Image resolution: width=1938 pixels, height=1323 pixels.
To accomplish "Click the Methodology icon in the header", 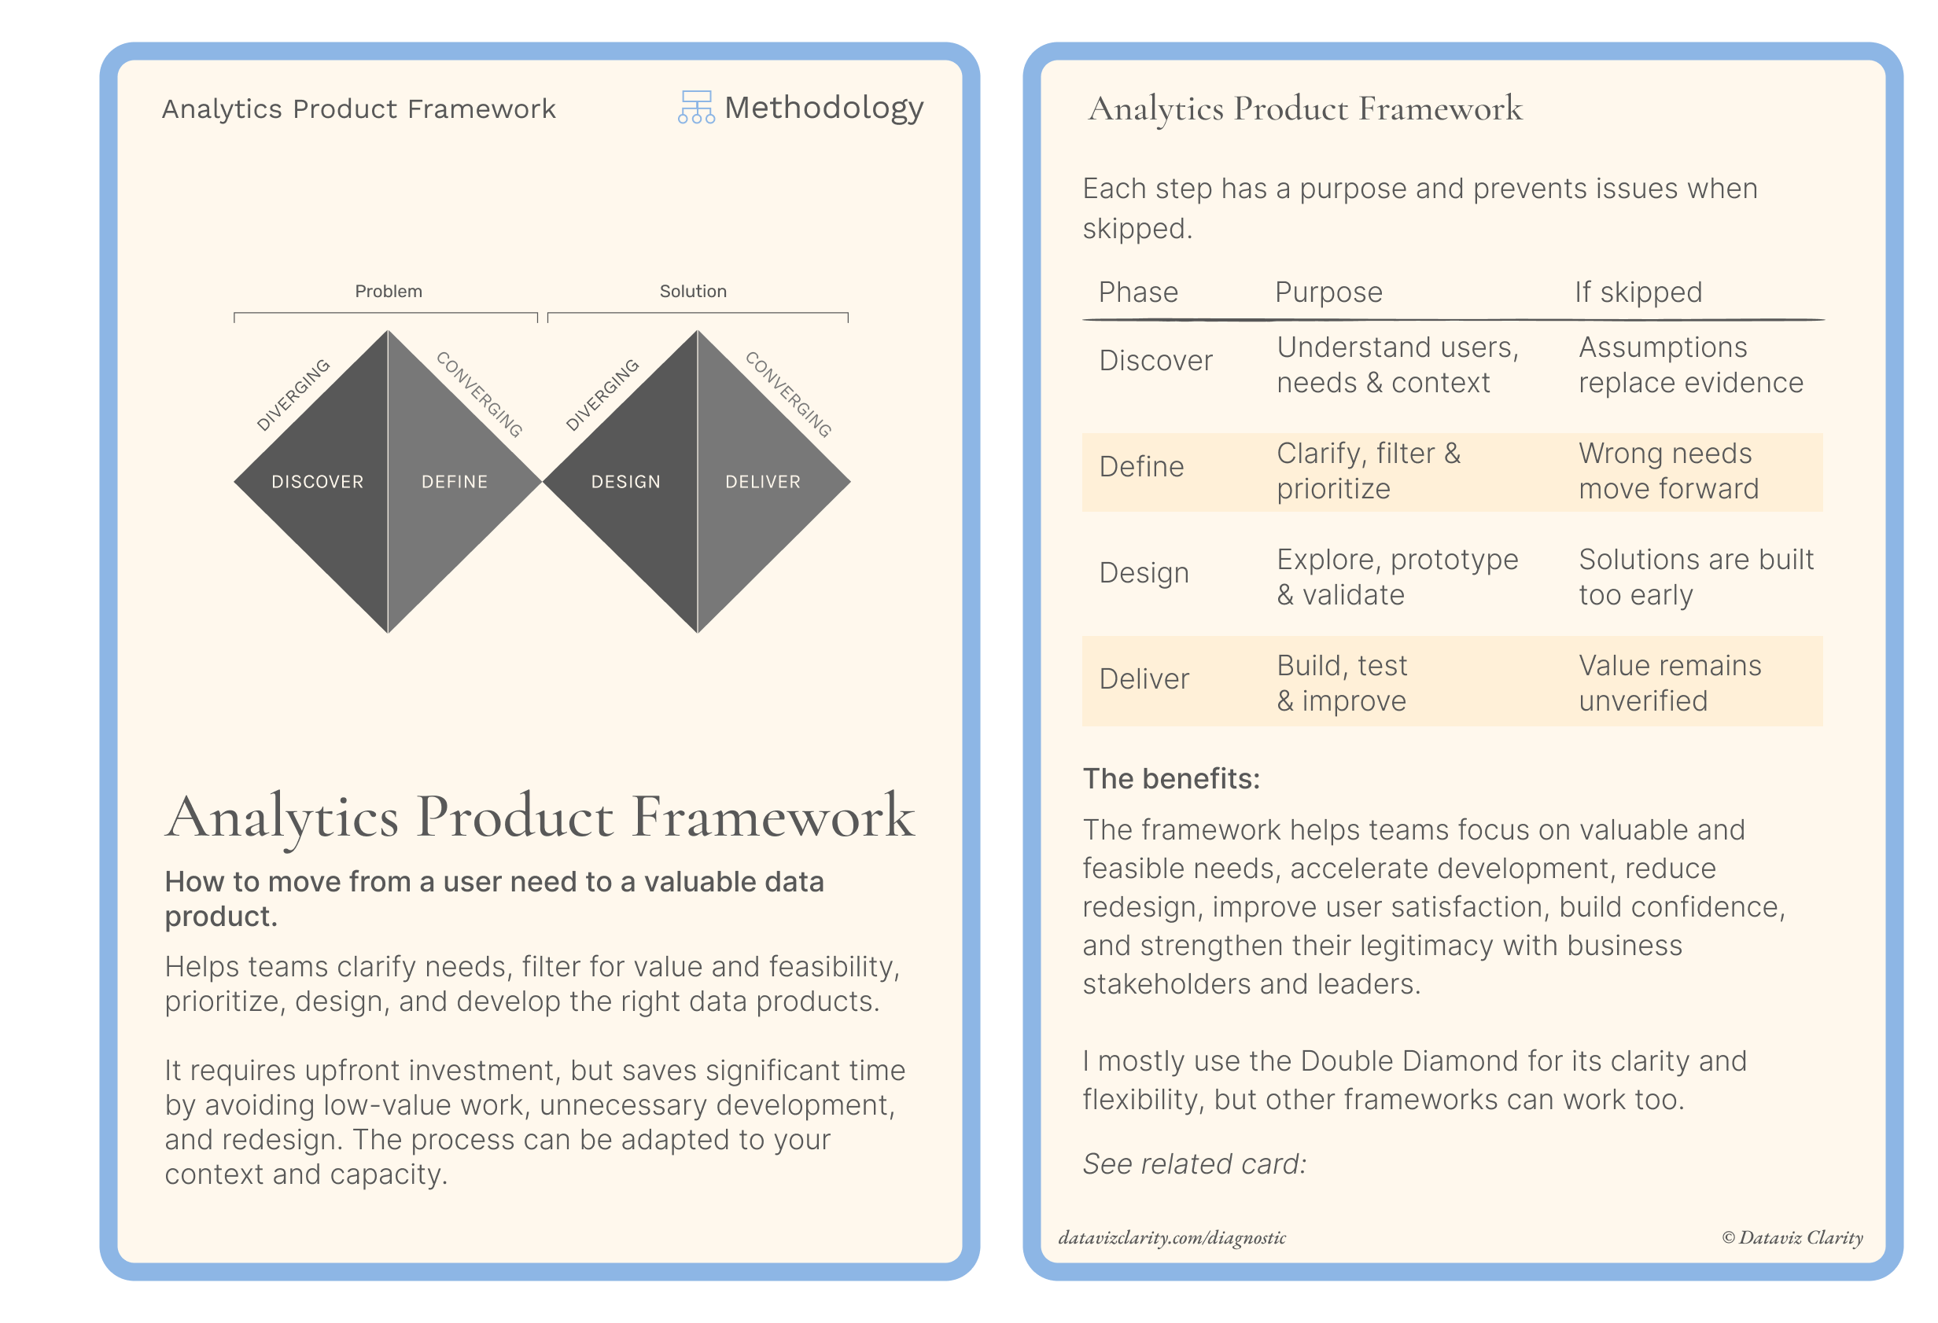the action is click(x=695, y=108).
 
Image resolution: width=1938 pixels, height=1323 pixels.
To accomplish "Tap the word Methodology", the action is click(x=824, y=108).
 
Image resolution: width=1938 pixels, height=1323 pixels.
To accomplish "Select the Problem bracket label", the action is click(x=389, y=291).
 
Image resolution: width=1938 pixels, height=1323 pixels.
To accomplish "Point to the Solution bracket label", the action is click(x=693, y=291).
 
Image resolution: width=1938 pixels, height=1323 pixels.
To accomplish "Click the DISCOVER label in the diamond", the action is click(x=318, y=482).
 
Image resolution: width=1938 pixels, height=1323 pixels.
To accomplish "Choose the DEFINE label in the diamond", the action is click(x=455, y=482).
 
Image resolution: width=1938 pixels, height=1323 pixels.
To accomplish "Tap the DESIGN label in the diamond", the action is click(x=625, y=482).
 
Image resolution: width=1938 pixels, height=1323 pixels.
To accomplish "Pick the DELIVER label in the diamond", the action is click(x=763, y=482).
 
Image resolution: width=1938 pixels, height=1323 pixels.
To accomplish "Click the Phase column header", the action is click(x=1138, y=292).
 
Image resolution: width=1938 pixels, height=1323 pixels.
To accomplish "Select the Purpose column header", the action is click(x=1328, y=292).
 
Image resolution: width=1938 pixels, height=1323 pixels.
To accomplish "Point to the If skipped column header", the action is click(x=1638, y=292).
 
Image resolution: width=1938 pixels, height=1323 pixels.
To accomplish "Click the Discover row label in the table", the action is click(x=1155, y=361).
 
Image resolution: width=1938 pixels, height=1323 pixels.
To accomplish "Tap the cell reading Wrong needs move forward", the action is click(x=1669, y=471).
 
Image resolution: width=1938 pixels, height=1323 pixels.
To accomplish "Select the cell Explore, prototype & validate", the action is click(x=1398, y=577).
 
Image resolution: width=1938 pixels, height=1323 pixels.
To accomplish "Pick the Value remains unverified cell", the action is click(x=1671, y=683).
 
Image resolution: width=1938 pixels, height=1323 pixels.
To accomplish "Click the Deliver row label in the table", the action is click(x=1144, y=679).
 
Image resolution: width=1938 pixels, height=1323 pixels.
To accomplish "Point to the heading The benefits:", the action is click(x=1172, y=778).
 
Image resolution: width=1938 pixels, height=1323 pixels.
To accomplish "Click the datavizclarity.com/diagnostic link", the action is click(x=1172, y=1238).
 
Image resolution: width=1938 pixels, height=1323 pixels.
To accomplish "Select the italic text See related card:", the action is click(x=1194, y=1163).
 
